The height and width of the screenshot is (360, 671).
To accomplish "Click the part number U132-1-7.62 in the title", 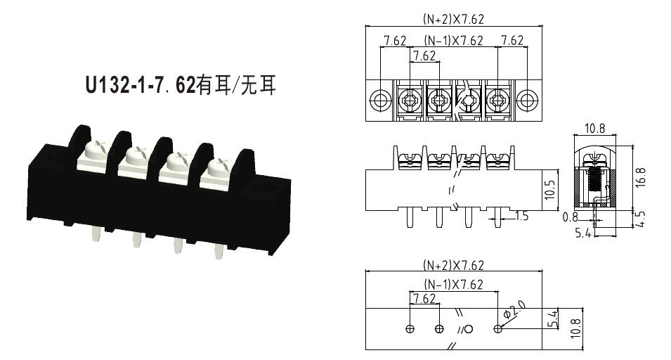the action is (x=141, y=85).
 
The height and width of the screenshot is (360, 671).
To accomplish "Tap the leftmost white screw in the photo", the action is (x=97, y=150).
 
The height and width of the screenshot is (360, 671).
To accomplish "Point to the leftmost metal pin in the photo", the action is (x=96, y=233).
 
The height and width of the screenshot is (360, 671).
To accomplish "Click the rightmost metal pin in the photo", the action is (x=219, y=252).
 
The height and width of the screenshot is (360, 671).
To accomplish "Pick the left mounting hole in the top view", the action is (x=379, y=100).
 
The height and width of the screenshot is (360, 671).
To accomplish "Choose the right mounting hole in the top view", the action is (x=527, y=100).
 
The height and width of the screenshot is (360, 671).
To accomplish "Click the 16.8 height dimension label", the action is (x=640, y=176).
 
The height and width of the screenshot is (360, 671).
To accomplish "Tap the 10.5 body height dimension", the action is (x=550, y=190).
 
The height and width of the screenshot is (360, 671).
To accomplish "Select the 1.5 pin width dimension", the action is (x=521, y=216).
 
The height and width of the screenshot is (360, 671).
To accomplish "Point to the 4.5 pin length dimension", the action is (x=640, y=219).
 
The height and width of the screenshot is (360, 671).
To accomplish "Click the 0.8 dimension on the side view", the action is (x=570, y=217).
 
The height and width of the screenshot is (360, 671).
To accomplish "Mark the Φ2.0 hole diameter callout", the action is (x=514, y=309).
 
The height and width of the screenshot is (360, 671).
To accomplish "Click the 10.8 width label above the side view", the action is (x=595, y=128).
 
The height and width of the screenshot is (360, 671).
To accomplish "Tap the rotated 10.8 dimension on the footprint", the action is (x=575, y=328).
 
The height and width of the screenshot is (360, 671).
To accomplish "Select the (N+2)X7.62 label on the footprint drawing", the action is (x=454, y=265).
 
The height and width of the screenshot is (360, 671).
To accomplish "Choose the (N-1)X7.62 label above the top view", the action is (x=454, y=40).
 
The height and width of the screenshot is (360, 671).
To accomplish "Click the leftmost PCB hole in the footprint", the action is (x=410, y=329).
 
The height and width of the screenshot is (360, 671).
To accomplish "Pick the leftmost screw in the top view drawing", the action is (x=410, y=101).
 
